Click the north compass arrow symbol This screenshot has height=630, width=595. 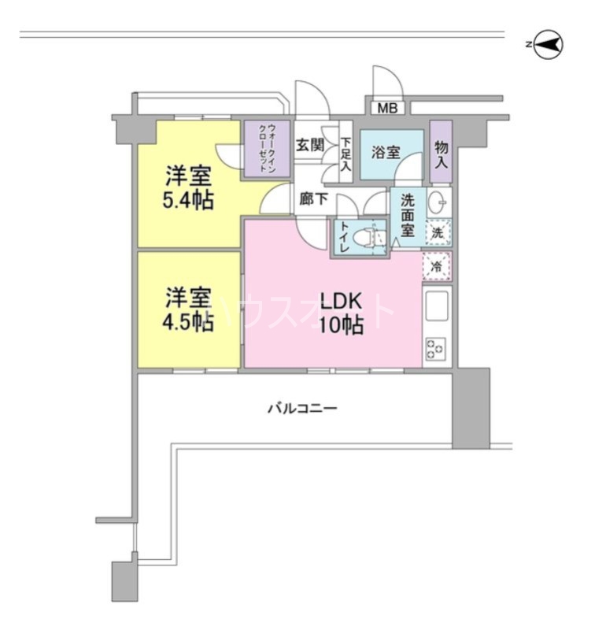[549, 46]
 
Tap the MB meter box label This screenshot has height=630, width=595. [386, 108]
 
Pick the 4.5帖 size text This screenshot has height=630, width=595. [187, 323]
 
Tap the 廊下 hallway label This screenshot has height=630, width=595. [312, 199]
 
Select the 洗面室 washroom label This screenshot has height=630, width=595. [407, 215]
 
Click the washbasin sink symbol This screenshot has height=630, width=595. [438, 204]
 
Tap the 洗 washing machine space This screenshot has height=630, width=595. [438, 233]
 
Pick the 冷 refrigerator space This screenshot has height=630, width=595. [438, 266]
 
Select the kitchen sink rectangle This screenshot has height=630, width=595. [436, 306]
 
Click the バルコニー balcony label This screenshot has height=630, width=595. [302, 409]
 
